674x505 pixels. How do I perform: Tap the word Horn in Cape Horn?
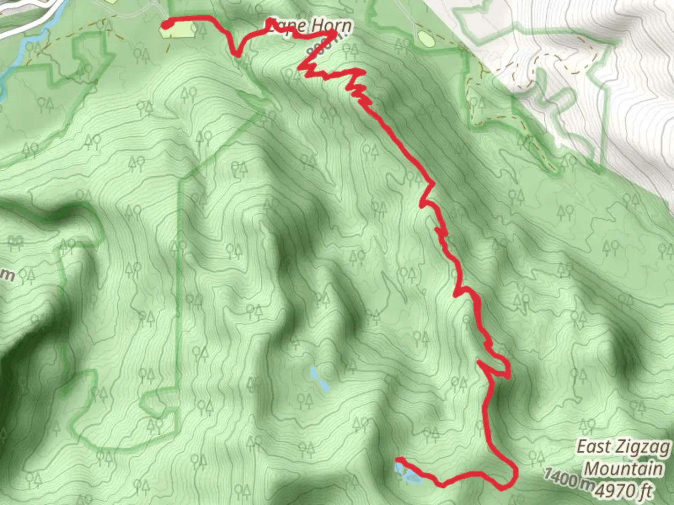pos(331,26)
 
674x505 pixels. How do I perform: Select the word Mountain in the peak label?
pos(624,469)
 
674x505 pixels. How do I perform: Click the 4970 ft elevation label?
pos(624,491)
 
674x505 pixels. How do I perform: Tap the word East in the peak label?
pos(593,447)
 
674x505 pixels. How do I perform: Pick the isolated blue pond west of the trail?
pos(318,379)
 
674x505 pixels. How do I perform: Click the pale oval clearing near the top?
pos(425,39)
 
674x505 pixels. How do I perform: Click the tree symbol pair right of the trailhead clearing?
pos(201,30)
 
